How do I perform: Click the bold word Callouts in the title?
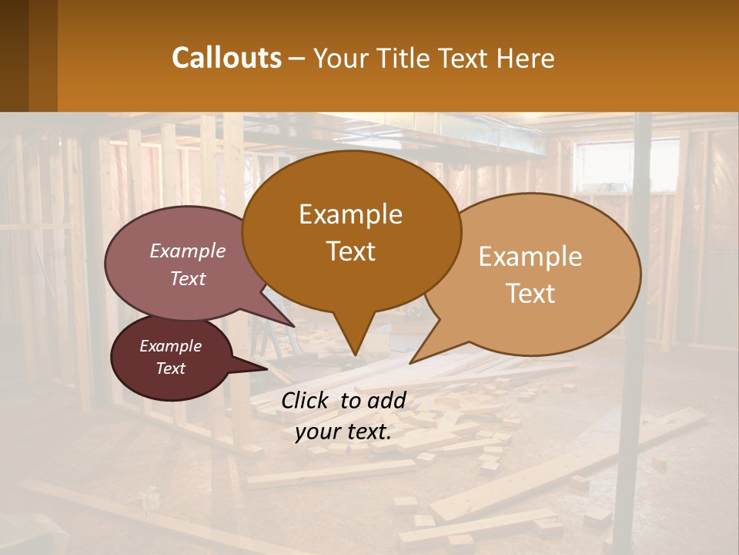(226, 58)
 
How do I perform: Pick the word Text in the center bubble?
(350, 251)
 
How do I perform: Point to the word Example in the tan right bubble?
(530, 257)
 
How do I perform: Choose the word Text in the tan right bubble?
(530, 294)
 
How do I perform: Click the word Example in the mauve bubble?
(187, 251)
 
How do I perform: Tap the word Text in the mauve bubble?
(187, 278)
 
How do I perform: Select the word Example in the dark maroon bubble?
(170, 346)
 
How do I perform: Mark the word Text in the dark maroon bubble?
(170, 368)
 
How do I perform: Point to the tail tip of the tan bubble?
(413, 361)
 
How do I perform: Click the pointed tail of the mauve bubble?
(291, 324)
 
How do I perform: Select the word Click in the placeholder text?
(307, 400)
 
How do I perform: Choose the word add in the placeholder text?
(386, 400)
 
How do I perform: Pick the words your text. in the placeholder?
(343, 432)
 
